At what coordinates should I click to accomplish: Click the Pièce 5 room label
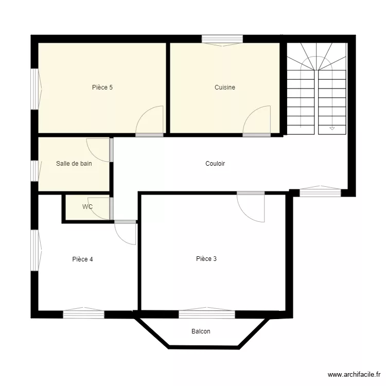[x=102, y=87]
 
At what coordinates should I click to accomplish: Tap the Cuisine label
[x=225, y=87]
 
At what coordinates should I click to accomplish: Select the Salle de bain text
[x=74, y=164]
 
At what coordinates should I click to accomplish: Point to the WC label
[x=87, y=207]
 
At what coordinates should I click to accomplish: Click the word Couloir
[x=215, y=164]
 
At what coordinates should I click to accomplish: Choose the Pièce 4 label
[x=82, y=259]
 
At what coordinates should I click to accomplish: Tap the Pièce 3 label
[x=206, y=259]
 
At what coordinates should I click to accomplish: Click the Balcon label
[x=201, y=331]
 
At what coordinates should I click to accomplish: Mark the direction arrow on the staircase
[x=332, y=128]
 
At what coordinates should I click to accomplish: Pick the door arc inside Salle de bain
[x=98, y=150]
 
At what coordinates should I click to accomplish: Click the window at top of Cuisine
[x=222, y=39]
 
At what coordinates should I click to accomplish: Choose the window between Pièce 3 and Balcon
[x=207, y=313]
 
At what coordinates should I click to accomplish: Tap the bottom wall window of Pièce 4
[x=83, y=313]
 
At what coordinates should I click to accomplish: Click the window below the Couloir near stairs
[x=320, y=192]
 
